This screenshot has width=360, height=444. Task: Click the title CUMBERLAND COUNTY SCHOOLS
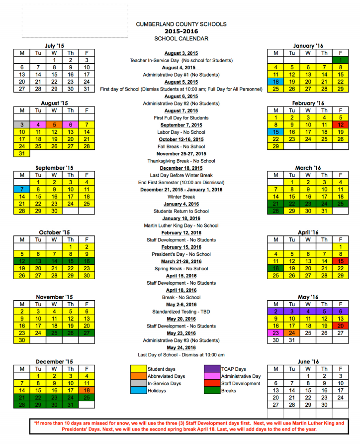[x=181, y=24]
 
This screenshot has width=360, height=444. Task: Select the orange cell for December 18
[x=87, y=391]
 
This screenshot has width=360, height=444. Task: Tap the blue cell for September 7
[x=21, y=190]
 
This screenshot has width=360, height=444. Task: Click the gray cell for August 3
[x=21, y=124]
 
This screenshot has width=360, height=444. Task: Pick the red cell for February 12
[x=340, y=124]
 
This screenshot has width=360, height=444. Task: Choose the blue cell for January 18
[x=275, y=82]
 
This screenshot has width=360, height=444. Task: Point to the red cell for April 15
[x=340, y=261]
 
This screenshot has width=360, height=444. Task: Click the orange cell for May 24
[x=291, y=333]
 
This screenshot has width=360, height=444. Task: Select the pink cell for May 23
[x=275, y=333]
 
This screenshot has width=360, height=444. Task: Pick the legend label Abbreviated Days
[x=166, y=377]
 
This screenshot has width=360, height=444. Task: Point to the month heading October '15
[x=54, y=232]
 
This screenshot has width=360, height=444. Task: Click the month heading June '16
[x=308, y=361]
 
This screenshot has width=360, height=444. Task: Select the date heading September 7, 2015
[x=181, y=125]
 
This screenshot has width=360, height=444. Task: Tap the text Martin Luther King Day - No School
[x=181, y=225]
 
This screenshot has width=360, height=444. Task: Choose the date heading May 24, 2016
[x=181, y=348]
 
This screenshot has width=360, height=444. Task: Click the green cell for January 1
[x=340, y=60]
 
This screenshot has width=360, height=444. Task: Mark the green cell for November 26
[x=70, y=333]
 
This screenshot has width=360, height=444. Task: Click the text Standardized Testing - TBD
[x=181, y=312]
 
